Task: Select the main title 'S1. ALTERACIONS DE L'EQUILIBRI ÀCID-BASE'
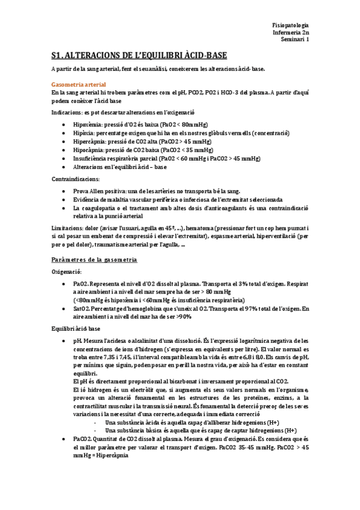pos(139,57)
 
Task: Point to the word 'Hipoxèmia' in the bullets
pos(88,123)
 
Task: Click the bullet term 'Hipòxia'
pos(84,132)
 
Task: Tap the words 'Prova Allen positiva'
pos(100,190)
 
